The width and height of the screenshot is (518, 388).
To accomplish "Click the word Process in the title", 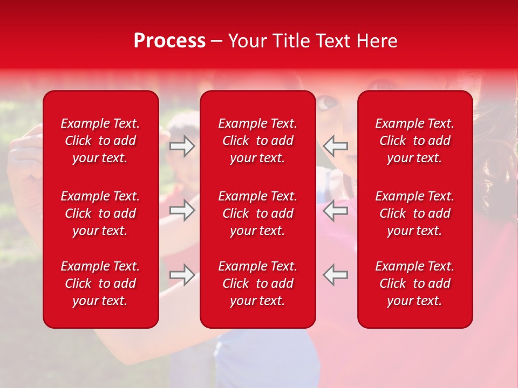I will point(169,41).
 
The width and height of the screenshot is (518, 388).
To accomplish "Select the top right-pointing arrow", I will point(182,146).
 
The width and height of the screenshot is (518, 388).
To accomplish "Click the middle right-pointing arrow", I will point(182,210).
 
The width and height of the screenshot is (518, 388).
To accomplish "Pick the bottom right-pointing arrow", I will point(182,275).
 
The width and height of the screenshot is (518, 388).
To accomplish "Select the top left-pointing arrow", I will point(335,146).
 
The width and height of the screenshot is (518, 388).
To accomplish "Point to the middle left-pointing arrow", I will point(335,210).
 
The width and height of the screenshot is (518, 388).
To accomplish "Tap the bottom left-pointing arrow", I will point(335,275).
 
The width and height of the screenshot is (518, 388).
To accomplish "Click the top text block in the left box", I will point(100,141).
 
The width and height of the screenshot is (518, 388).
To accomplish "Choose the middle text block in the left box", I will point(100,213).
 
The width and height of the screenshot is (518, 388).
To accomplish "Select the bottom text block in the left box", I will point(100,283).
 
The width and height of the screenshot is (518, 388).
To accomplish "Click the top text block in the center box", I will point(257,141).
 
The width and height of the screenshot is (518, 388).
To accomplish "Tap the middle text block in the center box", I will point(257,213).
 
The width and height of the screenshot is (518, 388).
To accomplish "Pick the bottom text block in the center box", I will point(257,283).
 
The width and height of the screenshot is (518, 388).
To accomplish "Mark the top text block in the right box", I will point(414,141).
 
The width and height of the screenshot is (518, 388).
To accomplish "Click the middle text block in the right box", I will point(414,213).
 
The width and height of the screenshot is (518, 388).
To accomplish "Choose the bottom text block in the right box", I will point(414,283).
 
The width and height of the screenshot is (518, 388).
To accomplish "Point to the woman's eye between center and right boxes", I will point(327,102).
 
